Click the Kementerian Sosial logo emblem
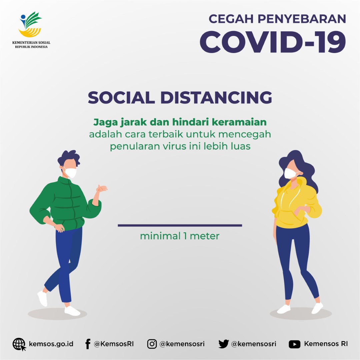30,24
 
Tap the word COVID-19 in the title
273,42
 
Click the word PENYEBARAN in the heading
302,19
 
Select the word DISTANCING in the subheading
216,97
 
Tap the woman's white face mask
290,173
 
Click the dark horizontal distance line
180,225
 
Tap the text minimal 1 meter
180,236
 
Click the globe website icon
19,344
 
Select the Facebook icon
88,344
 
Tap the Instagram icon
152,344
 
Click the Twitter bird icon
223,344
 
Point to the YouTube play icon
295,344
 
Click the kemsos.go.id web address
51,344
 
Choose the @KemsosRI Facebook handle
114,344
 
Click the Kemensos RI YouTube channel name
326,344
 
